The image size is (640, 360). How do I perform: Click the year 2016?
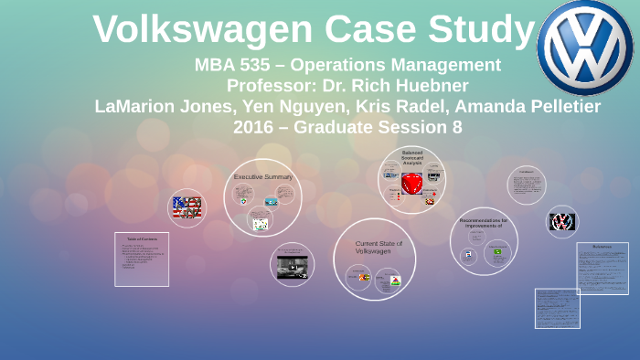point(257,127)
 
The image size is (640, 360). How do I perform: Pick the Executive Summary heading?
point(262,176)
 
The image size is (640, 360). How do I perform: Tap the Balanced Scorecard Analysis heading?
point(411,158)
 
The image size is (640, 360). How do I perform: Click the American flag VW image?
point(187,207)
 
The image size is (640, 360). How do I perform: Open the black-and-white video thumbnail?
point(293,267)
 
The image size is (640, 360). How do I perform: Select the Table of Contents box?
point(142,259)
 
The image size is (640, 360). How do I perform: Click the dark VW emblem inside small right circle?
point(562,221)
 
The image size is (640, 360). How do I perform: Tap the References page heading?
point(602,247)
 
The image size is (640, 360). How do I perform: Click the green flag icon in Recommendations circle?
point(497,251)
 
